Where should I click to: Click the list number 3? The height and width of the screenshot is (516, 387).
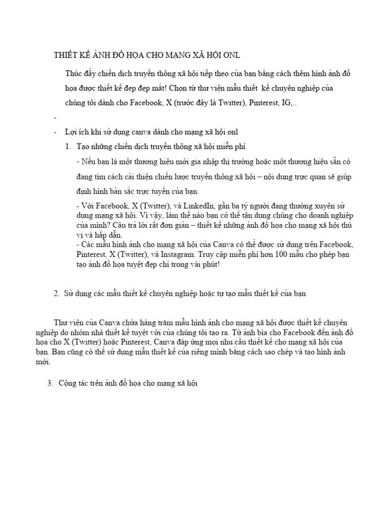pyautogui.click(x=50, y=383)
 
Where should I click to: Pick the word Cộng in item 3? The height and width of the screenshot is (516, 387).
pyautogui.click(x=69, y=383)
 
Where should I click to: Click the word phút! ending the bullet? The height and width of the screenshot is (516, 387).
pyautogui.click(x=210, y=264)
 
